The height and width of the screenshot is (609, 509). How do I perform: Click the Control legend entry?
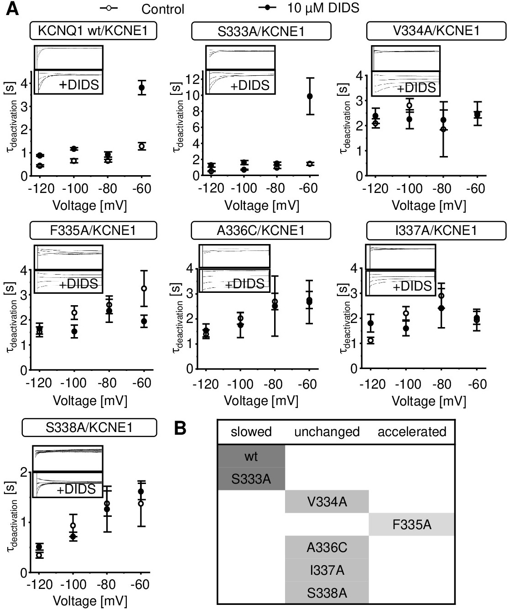coord(142,9)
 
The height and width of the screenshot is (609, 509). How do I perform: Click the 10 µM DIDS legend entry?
coord(309,8)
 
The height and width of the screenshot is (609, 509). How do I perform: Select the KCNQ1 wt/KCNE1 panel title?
coord(93,31)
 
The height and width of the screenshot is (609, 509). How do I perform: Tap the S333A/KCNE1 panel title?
coord(261,31)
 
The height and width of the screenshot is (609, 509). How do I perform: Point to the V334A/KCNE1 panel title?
coord(436,31)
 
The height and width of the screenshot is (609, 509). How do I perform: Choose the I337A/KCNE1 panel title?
coord(436,230)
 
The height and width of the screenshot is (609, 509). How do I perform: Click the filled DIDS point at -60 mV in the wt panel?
coord(142,88)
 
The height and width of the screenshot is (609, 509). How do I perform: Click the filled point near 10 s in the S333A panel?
coord(310,96)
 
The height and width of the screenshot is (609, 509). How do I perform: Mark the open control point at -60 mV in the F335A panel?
coord(144,288)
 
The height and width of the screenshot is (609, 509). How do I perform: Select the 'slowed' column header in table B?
coord(251,432)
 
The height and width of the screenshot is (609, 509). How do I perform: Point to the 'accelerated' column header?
coord(412,432)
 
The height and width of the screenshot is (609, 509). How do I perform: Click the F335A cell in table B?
coord(411,525)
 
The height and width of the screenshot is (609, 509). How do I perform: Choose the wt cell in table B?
coord(251,457)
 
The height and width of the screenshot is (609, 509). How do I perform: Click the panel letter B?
coord(180,428)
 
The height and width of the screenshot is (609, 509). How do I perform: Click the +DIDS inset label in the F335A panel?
coord(78,284)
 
